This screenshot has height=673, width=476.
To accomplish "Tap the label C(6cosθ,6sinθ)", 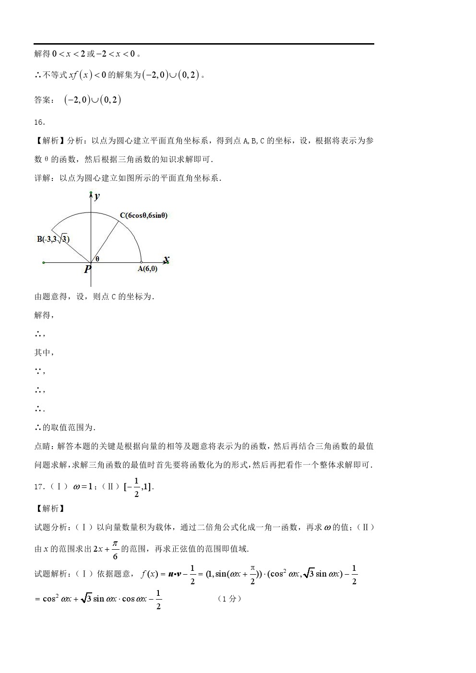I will pos(143,215).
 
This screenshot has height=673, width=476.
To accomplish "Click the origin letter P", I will pos(87,269).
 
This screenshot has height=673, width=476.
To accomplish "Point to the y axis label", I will pos(97,196).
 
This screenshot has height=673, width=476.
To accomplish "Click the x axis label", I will pos(166,260).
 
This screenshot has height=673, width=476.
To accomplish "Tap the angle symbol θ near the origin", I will pos(97,259).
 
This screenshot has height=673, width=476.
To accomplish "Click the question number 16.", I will pos(39,122).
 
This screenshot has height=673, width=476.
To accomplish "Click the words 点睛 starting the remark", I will pos(42,446).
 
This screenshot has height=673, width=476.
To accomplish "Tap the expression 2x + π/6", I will pos(105,549).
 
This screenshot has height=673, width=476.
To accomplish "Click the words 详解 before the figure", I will pos(42,178).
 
